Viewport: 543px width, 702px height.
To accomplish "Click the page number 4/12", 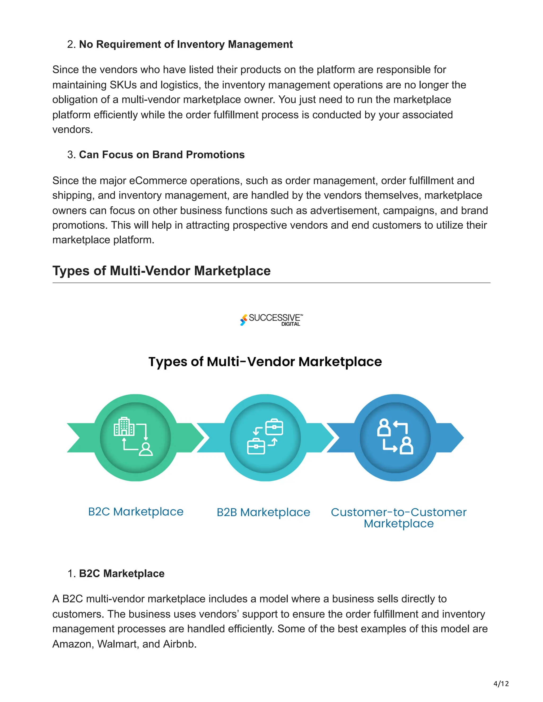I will [x=501, y=683].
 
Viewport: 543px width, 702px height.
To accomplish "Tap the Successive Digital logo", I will [x=271, y=319].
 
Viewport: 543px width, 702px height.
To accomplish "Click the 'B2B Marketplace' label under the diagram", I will [x=263, y=512].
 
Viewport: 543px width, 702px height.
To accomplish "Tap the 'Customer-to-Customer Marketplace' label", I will [x=399, y=518].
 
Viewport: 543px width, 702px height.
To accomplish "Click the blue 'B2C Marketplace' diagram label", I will [x=136, y=512].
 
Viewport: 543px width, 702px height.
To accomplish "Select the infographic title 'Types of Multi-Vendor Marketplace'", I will [x=265, y=362].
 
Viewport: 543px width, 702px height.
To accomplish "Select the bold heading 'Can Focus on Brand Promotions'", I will [x=162, y=155].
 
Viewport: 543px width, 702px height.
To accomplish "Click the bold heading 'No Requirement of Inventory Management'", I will [x=186, y=44].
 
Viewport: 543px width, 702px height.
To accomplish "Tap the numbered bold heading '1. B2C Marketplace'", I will [x=122, y=574].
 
